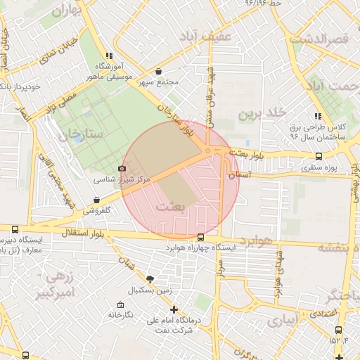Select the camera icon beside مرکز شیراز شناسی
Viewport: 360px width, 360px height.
point(123,169)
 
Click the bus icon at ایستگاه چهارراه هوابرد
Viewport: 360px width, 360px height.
point(202,237)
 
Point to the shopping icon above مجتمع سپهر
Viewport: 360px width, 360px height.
point(158,72)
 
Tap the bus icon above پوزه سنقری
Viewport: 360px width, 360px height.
point(320,157)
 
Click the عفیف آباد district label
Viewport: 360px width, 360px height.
point(205,36)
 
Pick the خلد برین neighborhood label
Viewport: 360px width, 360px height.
point(262,113)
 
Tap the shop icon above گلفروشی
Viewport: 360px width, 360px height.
point(96,200)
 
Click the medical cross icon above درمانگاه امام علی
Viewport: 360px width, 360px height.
point(174,309)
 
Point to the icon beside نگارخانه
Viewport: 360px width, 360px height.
point(121,304)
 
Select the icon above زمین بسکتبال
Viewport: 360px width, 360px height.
point(149,279)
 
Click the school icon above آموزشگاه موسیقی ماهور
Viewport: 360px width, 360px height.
point(108,55)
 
